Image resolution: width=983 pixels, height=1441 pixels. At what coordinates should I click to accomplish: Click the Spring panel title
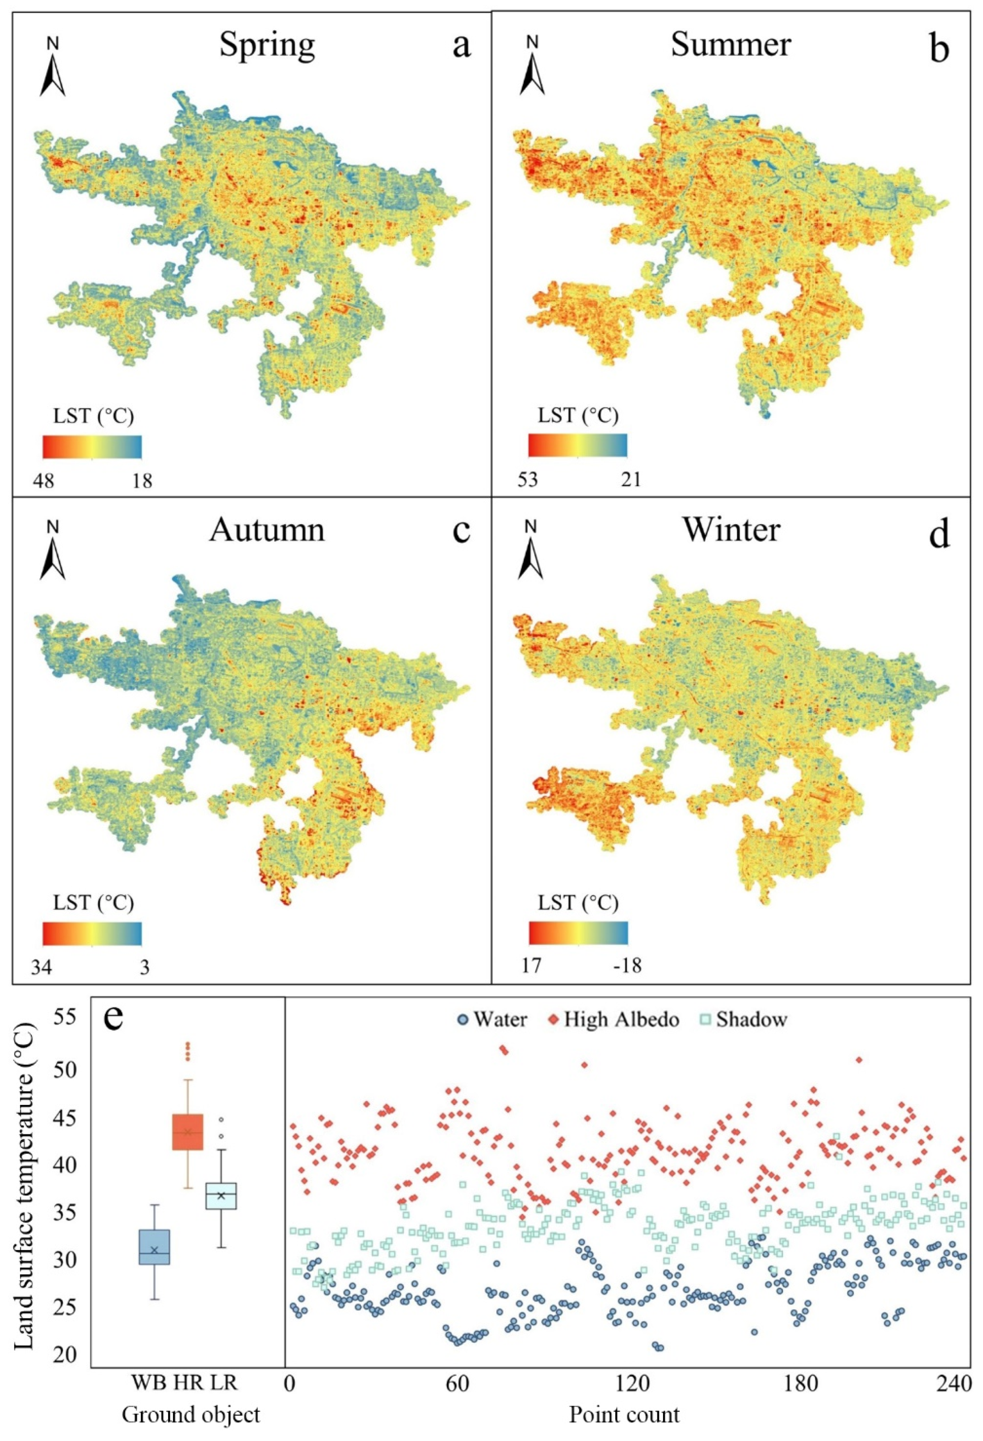tap(267, 46)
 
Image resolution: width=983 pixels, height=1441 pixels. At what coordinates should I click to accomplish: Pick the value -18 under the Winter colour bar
tap(626, 966)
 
